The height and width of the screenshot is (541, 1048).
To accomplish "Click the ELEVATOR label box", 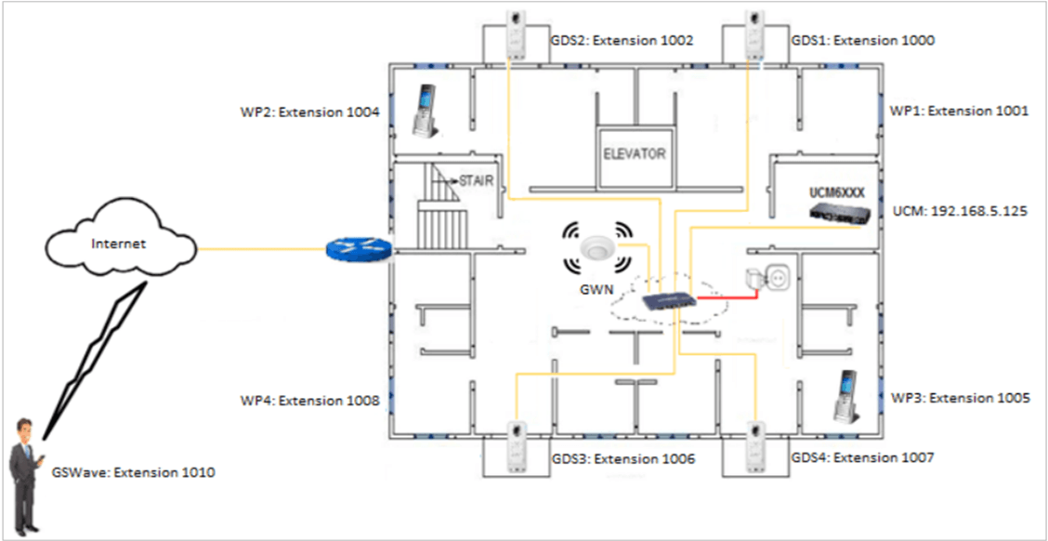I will (x=635, y=153).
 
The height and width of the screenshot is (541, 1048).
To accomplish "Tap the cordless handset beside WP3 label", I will (x=845, y=397).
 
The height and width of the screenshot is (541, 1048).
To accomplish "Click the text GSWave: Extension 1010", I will (x=134, y=473).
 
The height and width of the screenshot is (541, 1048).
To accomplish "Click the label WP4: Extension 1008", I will (x=309, y=402).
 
